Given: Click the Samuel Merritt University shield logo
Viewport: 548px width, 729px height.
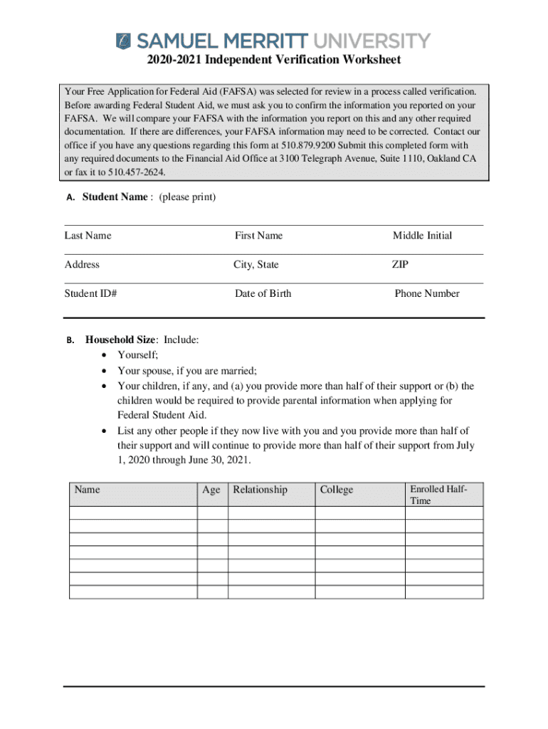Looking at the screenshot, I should point(124,40).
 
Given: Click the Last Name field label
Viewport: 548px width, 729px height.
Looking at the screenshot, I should point(88,236).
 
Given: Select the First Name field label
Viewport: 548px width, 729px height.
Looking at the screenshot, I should point(258,236).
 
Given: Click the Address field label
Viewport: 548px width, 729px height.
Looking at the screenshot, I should point(82,265).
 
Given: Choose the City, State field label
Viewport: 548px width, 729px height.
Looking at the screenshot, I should point(256,265).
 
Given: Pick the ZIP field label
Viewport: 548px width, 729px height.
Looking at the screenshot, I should point(400,265).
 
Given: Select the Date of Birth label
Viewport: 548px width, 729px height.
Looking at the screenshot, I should point(263,293).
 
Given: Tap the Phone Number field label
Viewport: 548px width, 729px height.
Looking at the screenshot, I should point(427,293).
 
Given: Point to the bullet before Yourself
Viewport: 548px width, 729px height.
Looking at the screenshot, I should point(105,355).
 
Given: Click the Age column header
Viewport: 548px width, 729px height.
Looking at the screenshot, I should point(211,490).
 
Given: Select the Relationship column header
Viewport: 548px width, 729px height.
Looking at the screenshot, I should point(260,490).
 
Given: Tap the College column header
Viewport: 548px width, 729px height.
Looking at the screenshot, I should point(337,490).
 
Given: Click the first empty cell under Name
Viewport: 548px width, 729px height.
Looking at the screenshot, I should point(133,513).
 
